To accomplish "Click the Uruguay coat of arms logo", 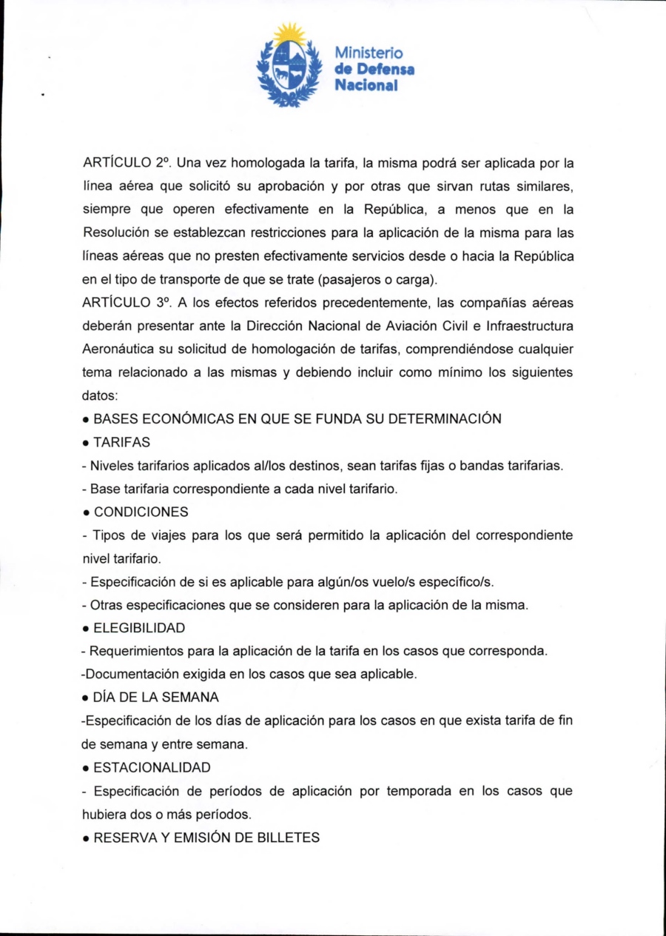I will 289,67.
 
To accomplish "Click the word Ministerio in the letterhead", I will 369,53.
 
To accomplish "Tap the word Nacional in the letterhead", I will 366,85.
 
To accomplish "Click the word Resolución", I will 116,233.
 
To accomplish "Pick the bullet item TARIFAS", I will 122,442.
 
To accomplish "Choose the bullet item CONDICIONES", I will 141,512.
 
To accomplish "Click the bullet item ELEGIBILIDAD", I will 139,628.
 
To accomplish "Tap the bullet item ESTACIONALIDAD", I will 152,767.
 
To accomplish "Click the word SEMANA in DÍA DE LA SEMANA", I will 194,698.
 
